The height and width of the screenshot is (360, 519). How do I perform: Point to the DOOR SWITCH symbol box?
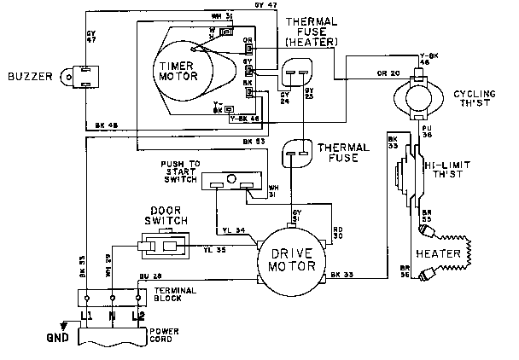pos(162,247)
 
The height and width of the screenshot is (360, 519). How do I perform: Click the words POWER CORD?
pos(166,335)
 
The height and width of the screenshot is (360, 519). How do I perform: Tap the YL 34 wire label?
pos(233,229)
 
